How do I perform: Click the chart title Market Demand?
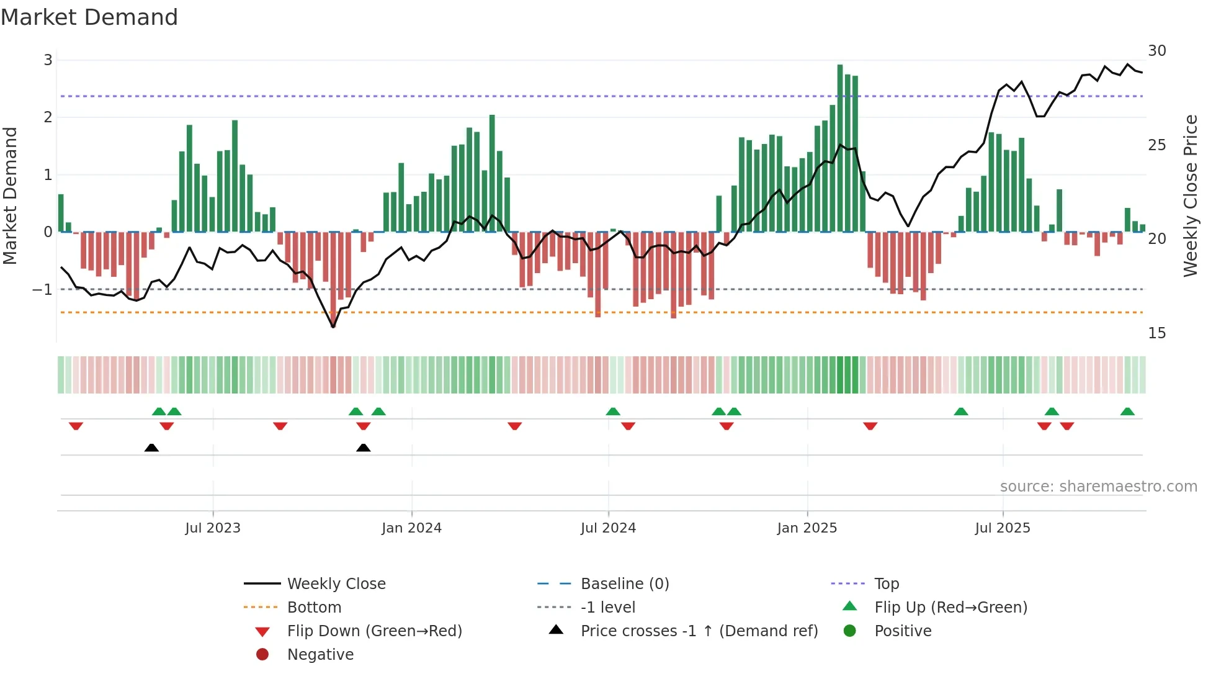(x=89, y=17)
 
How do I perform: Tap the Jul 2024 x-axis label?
(x=608, y=528)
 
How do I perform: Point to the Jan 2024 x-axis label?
(x=411, y=528)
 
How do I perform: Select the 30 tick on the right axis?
(x=1156, y=51)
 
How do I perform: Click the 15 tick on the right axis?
(x=1156, y=333)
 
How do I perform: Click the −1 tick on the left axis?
(x=42, y=290)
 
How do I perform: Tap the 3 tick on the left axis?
(x=48, y=60)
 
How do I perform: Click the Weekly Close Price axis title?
(x=1190, y=196)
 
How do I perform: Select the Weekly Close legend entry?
(x=336, y=584)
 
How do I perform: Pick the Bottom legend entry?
(x=314, y=608)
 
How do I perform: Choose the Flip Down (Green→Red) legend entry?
(x=374, y=631)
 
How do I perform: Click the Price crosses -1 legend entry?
(x=699, y=631)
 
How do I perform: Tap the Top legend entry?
(x=886, y=584)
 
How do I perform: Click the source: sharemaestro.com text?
(x=1098, y=487)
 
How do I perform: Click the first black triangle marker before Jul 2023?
(x=151, y=448)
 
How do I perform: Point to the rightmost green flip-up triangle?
(x=1127, y=412)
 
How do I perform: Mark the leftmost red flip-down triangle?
(x=76, y=426)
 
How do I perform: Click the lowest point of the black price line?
(x=333, y=326)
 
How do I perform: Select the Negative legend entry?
(x=320, y=655)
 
